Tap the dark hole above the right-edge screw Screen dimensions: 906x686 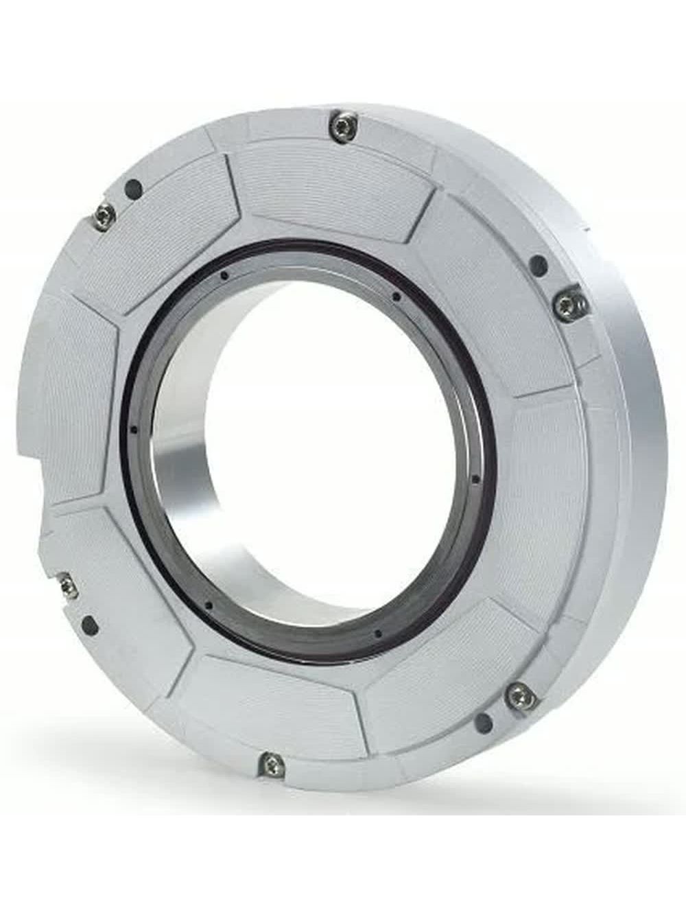[539, 262]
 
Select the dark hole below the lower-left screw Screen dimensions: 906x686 [88, 625]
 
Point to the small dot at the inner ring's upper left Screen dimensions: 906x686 [224, 276]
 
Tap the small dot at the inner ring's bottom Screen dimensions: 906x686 [377, 634]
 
